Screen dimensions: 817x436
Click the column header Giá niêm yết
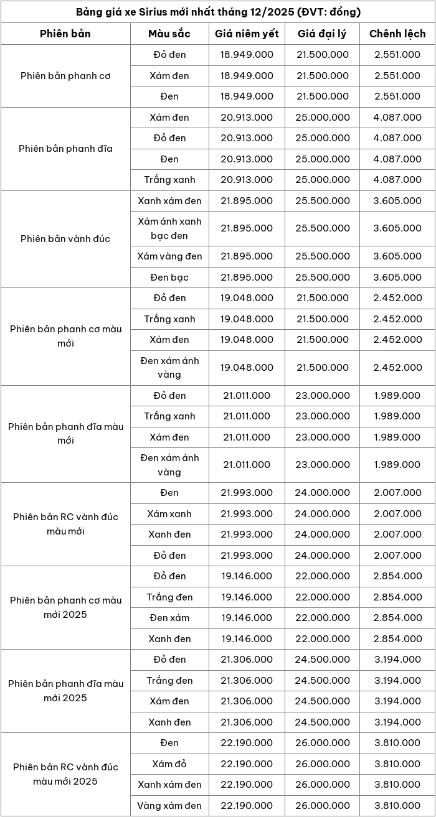click(x=247, y=34)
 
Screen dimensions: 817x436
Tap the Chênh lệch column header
click(x=397, y=34)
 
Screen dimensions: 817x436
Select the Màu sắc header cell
click(x=169, y=34)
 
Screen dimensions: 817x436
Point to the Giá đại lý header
click(x=323, y=34)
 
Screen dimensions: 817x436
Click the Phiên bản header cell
click(x=65, y=34)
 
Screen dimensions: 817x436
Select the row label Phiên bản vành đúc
click(x=65, y=239)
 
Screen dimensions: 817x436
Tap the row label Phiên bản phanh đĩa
click(x=65, y=149)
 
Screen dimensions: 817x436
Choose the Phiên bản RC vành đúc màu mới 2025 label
click(x=65, y=774)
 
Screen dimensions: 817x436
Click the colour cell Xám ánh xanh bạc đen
click(x=169, y=228)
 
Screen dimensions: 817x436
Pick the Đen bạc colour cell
click(x=169, y=277)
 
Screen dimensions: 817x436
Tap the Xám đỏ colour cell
click(x=169, y=763)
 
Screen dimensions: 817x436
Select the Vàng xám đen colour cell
click(x=169, y=805)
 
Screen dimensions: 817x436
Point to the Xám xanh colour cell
click(x=169, y=513)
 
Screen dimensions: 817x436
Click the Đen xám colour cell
click(x=169, y=618)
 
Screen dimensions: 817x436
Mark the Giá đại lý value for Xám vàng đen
click(x=323, y=256)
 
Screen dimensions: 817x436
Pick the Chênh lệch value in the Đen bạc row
click(x=397, y=277)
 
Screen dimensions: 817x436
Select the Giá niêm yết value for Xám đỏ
click(x=247, y=763)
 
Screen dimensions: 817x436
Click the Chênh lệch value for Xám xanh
click(x=397, y=513)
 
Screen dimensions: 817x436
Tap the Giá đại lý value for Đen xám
click(x=323, y=618)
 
